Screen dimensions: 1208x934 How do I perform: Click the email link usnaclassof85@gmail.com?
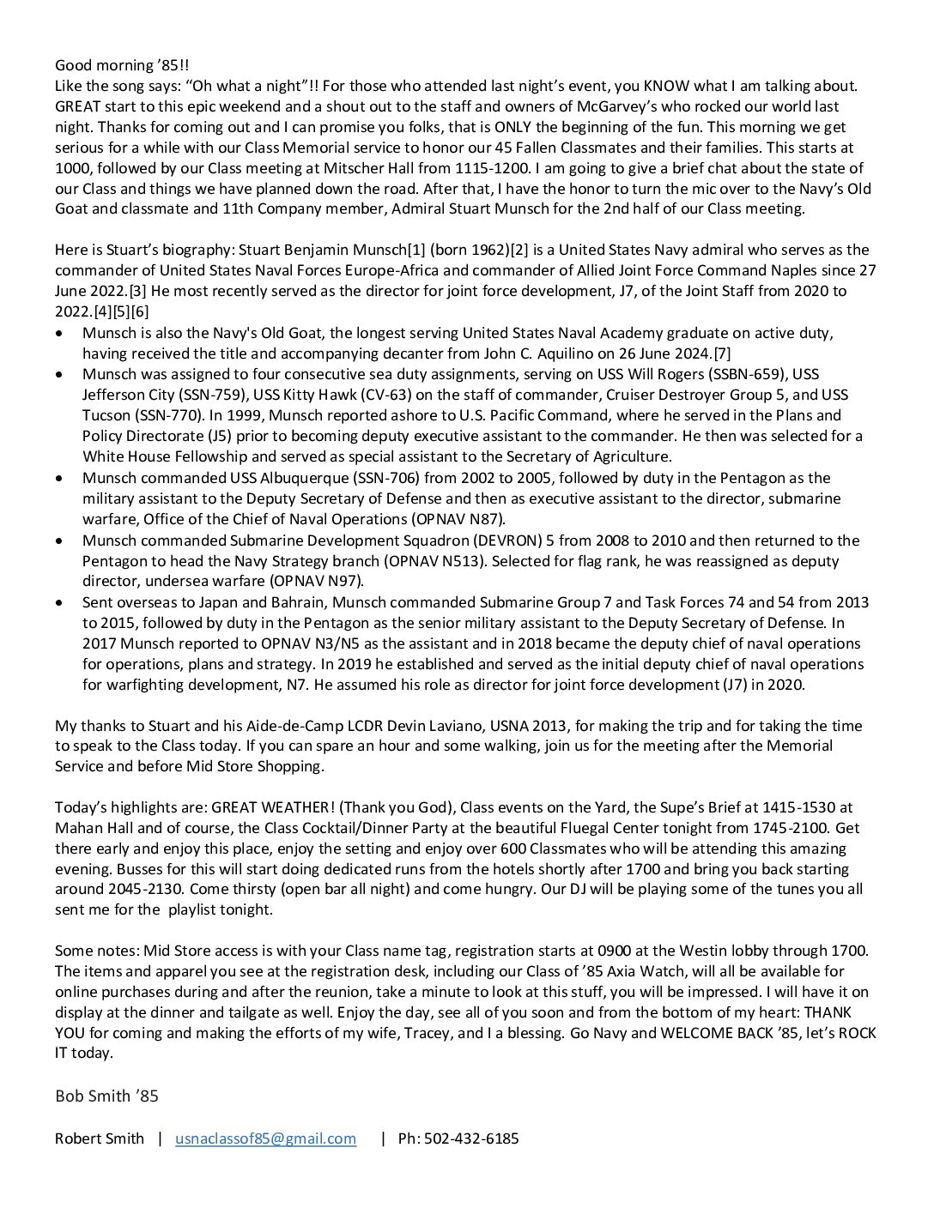(265, 1139)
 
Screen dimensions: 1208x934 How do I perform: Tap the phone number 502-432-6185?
(470, 1139)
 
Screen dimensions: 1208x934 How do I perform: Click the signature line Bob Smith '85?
(106, 1096)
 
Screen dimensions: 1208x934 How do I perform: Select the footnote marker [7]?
(722, 353)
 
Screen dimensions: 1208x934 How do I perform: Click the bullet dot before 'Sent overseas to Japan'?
(58, 602)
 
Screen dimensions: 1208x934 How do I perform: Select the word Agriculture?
(628, 456)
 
